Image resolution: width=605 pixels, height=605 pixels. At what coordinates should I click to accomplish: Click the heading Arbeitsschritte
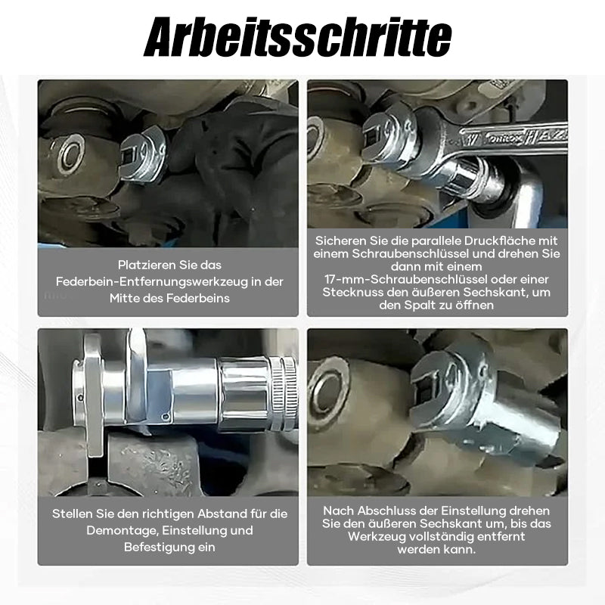tap(297, 37)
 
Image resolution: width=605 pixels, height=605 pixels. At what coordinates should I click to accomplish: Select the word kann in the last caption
tap(461, 550)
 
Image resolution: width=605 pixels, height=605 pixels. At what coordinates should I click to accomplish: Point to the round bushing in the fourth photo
tap(329, 393)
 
